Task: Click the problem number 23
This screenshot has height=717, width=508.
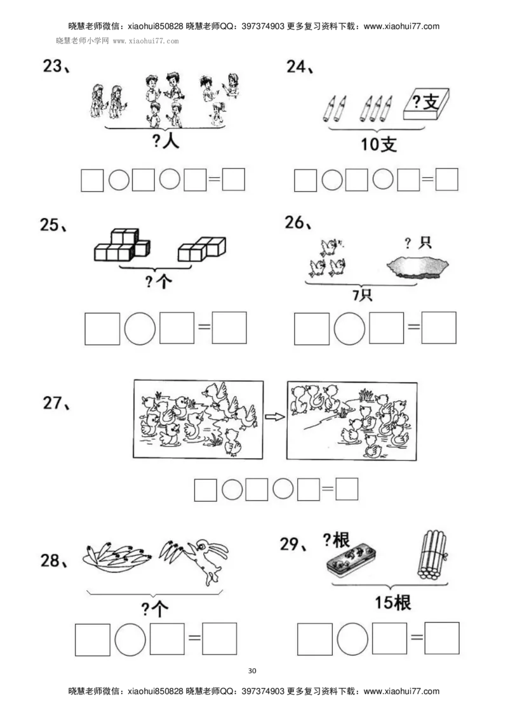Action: click(x=56, y=67)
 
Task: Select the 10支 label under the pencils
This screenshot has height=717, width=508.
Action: click(x=378, y=145)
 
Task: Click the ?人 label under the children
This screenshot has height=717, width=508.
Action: click(x=166, y=141)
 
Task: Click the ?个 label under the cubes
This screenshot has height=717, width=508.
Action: click(x=158, y=281)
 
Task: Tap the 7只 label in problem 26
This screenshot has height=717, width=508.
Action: click(x=362, y=295)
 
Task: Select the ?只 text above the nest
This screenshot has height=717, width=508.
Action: click(x=418, y=243)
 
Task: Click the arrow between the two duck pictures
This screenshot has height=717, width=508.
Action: click(x=274, y=417)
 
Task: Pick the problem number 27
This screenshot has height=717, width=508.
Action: click(x=57, y=403)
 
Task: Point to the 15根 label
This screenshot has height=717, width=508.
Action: click(x=392, y=602)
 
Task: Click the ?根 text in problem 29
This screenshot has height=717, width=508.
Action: click(x=336, y=540)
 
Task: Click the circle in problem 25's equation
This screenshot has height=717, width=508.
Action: click(x=140, y=328)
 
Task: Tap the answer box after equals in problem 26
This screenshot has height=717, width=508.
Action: click(x=439, y=328)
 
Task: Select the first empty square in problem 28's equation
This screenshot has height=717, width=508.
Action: click(x=92, y=639)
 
